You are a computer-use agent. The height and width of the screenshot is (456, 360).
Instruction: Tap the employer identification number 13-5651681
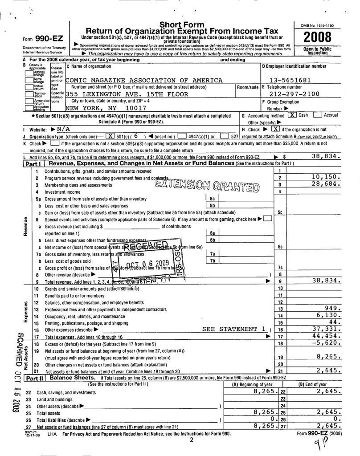pyautogui.click(x=294, y=80)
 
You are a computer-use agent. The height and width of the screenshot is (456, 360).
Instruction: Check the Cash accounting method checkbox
pyautogui.click(x=291, y=115)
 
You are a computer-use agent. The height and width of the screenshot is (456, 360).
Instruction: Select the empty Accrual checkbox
pyautogui.click(x=317, y=115)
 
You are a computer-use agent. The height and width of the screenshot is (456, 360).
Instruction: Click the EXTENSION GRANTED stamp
pyautogui.click(x=207, y=185)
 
